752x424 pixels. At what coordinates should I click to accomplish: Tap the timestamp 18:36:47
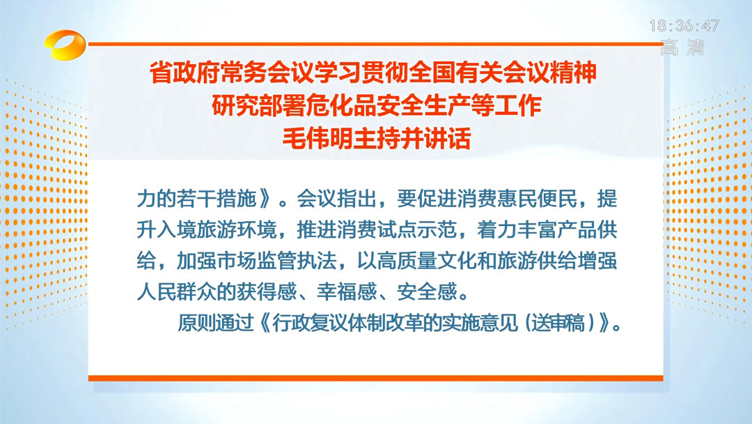pos(684,26)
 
